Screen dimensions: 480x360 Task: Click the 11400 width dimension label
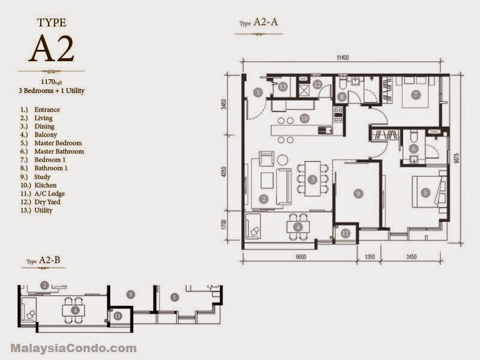click(343, 58)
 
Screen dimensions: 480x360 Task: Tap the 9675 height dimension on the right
click(457, 159)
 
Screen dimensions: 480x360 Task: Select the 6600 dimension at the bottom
click(301, 257)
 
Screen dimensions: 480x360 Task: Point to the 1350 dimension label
click(370, 257)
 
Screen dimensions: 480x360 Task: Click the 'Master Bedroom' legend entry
click(58, 143)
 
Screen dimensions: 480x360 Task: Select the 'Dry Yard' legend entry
click(47, 202)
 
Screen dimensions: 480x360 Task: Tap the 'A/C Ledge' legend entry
click(50, 193)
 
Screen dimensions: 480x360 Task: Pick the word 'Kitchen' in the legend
click(46, 185)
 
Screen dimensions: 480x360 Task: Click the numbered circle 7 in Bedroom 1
click(415, 95)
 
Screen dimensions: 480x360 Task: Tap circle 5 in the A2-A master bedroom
click(425, 193)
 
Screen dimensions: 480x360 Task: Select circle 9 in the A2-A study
click(358, 193)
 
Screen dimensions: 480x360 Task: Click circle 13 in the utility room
click(283, 87)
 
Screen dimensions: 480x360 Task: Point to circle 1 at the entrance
click(258, 92)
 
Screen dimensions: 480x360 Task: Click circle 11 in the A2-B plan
click(118, 316)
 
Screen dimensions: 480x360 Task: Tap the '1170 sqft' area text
click(52, 82)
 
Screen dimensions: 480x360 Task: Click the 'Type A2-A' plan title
click(259, 22)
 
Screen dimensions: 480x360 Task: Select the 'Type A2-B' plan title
click(43, 260)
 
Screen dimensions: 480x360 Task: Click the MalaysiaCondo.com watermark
click(74, 348)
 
